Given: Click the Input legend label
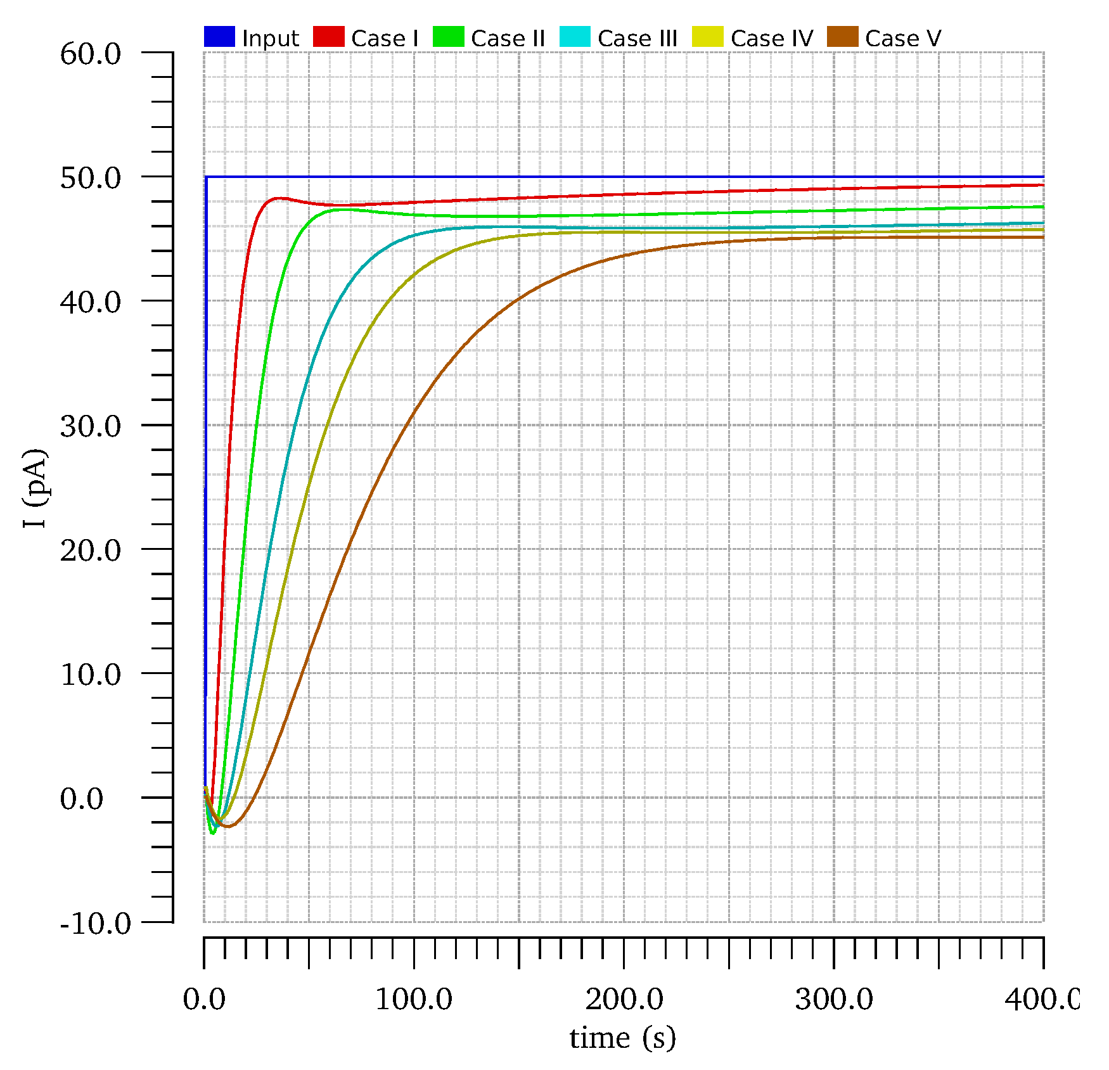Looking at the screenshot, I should pyautogui.click(x=270, y=39).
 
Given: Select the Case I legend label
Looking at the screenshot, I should pyautogui.click(x=385, y=39).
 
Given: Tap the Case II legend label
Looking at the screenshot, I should pyautogui.click(x=508, y=39).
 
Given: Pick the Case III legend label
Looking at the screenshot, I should pyautogui.click(x=638, y=39).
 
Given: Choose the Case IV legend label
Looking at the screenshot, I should pyautogui.click(x=772, y=39).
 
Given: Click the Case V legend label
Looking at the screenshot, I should pyautogui.click(x=903, y=39).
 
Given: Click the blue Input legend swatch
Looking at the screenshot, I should pyautogui.click(x=219, y=37).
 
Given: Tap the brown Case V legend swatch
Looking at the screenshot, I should pyautogui.click(x=843, y=37).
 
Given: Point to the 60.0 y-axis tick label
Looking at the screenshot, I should pyautogui.click(x=91, y=54).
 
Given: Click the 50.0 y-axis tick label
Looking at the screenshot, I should pyautogui.click(x=91, y=178).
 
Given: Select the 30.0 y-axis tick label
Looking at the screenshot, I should pyautogui.click(x=91, y=426).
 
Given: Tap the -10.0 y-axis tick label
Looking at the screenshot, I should pyautogui.click(x=96, y=924).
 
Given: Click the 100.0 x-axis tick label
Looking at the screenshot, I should pyautogui.click(x=414, y=1000).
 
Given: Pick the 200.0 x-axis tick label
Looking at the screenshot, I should pyautogui.click(x=624, y=1000).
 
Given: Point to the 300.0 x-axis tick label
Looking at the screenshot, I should pyautogui.click(x=834, y=1000).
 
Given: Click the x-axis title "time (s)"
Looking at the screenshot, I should pyautogui.click(x=623, y=1038).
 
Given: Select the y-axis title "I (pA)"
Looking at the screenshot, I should pyautogui.click(x=35, y=488).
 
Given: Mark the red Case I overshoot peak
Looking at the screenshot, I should pyautogui.click(x=278, y=198).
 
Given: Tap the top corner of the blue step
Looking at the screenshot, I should pyautogui.click(x=207, y=177).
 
